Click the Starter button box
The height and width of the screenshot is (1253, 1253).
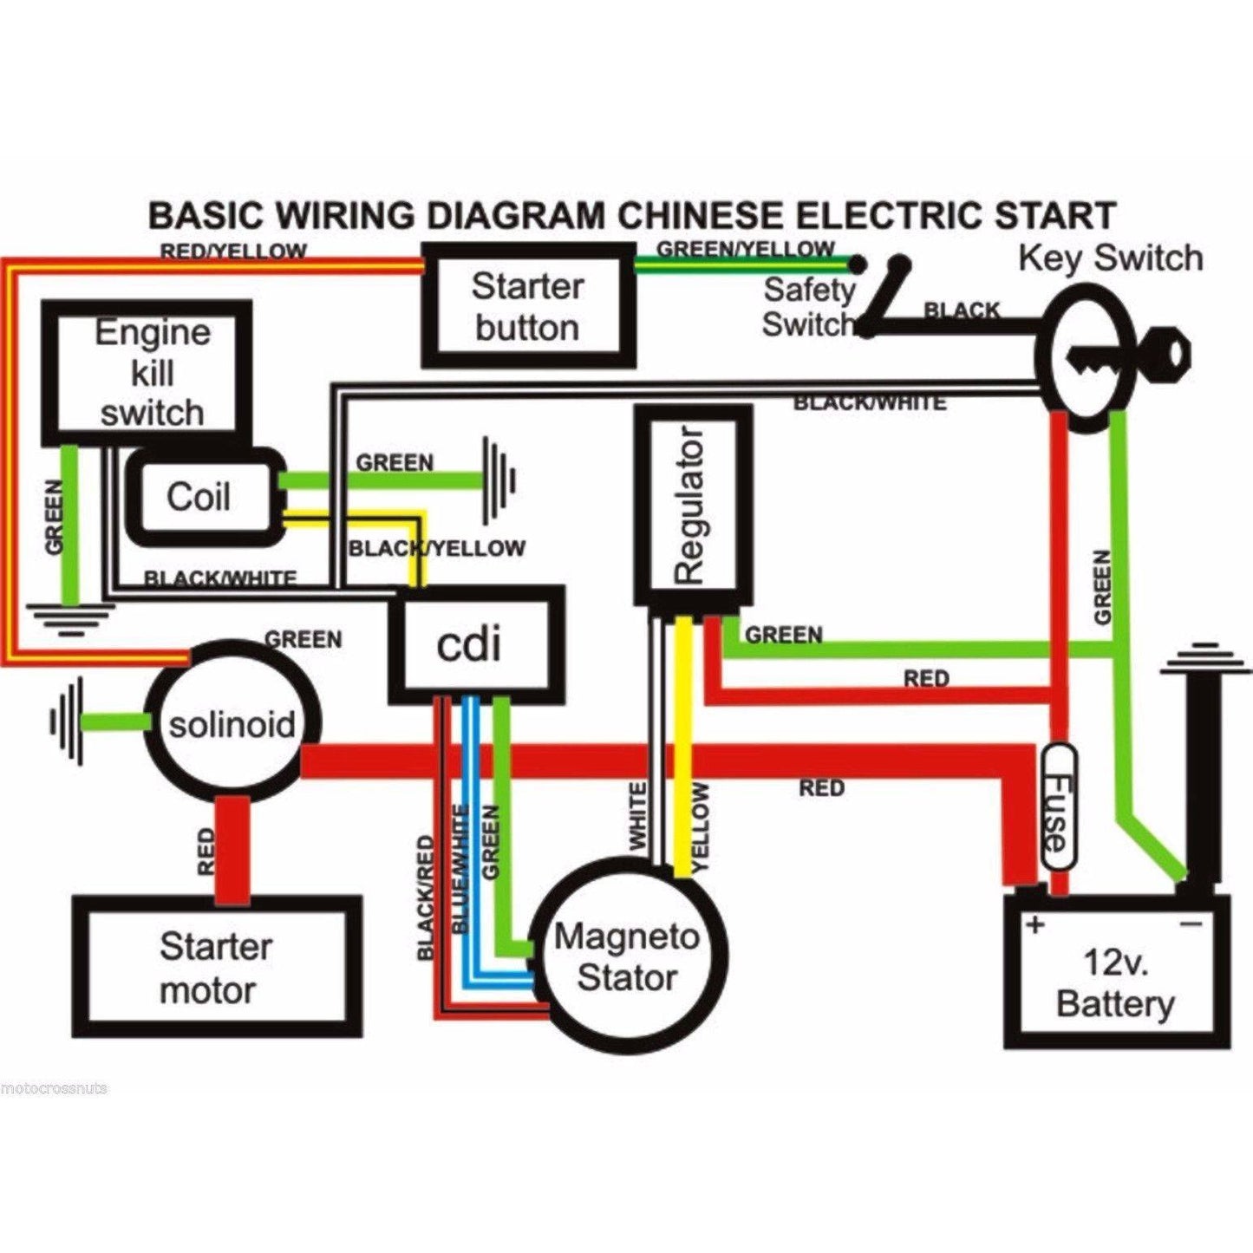pos(527,306)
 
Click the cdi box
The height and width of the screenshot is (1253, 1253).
pos(474,643)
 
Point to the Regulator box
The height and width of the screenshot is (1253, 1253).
pos(692,505)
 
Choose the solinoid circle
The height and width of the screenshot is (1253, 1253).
pos(231,724)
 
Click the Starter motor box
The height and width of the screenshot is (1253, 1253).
pos(216,967)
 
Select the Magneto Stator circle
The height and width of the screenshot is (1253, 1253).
pos(628,956)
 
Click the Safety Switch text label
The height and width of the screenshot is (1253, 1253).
pos(807,306)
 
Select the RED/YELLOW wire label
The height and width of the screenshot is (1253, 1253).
pos(233,251)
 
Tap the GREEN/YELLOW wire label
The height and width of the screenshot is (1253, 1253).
pos(745,249)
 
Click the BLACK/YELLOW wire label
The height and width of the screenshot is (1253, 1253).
pos(436,548)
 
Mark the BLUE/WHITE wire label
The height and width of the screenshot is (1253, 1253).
pos(460,870)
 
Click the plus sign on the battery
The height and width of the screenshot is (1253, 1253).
pos(1034,924)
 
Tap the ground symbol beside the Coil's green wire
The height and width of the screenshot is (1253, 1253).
pos(499,479)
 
